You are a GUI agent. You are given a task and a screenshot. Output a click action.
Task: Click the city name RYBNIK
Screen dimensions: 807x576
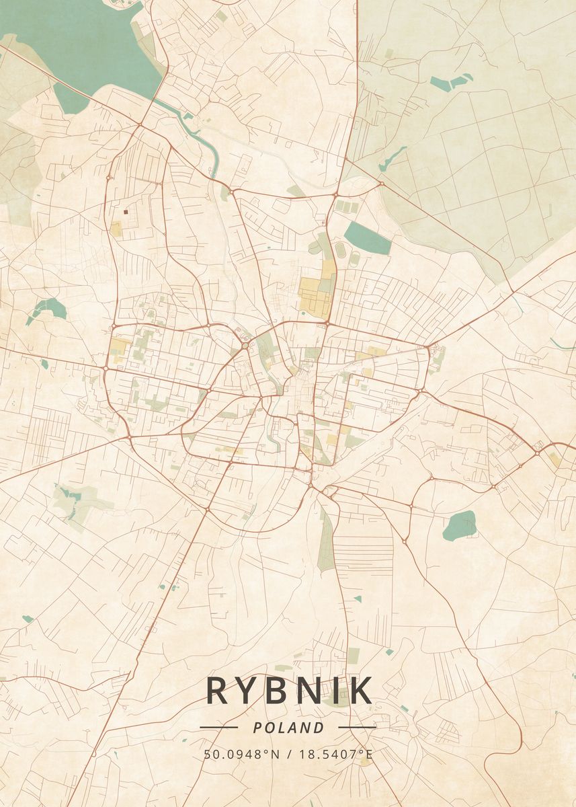tap(288, 691)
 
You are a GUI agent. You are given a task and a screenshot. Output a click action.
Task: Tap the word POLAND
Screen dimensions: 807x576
tap(288, 728)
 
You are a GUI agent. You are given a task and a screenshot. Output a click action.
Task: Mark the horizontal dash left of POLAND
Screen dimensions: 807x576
tap(218, 727)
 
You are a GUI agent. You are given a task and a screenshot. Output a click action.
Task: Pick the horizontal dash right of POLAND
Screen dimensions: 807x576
tap(357, 727)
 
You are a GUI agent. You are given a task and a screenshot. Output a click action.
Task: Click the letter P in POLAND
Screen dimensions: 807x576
tap(258, 728)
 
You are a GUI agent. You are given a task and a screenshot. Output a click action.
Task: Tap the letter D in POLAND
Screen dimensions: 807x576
tap(319, 728)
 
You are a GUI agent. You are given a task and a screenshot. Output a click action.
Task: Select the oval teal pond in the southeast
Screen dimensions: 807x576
tap(460, 525)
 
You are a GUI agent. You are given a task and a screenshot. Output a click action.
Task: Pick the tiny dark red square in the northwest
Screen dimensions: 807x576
tap(126, 211)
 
